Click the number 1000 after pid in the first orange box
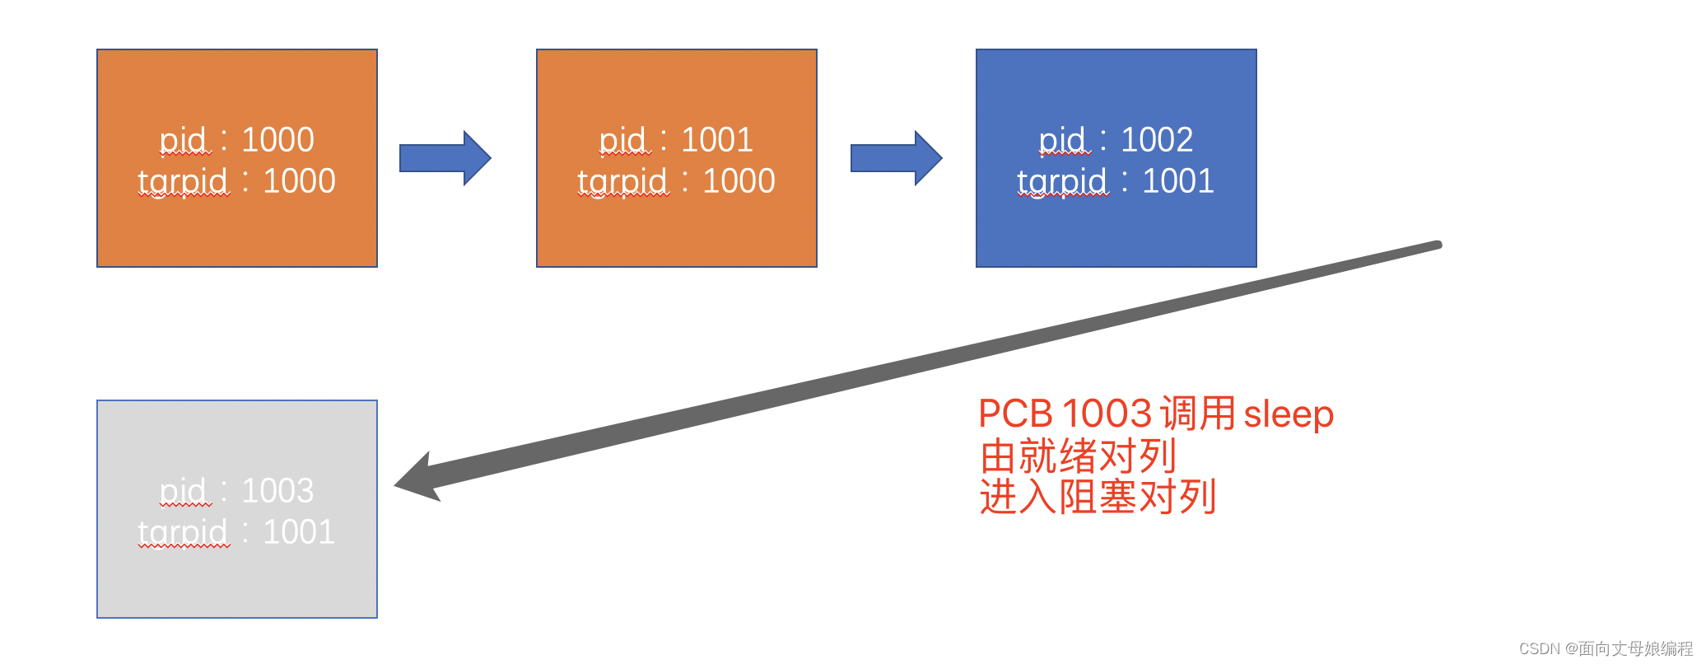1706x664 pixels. tap(277, 140)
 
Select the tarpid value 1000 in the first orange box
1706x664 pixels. tap(299, 181)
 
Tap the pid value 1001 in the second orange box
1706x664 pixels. tap(717, 140)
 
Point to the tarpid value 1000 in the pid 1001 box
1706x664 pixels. tap(739, 181)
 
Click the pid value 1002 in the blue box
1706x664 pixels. tap(1157, 140)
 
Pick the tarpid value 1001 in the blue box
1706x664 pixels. tap(1178, 181)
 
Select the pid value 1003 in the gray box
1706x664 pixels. tap(277, 491)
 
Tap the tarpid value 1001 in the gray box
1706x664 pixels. tap(299, 532)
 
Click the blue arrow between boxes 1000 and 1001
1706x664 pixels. tap(445, 157)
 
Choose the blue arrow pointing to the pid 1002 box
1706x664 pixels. tap(896, 157)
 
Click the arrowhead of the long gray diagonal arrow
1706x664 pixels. tap(420, 479)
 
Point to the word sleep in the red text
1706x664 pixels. tap(1289, 414)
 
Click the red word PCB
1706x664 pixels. tap(1015, 414)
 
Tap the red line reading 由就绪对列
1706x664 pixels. tap(1078, 456)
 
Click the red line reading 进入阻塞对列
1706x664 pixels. tap(1098, 497)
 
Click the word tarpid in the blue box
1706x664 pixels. tap(1062, 181)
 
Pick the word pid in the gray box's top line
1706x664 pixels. tap(183, 491)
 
